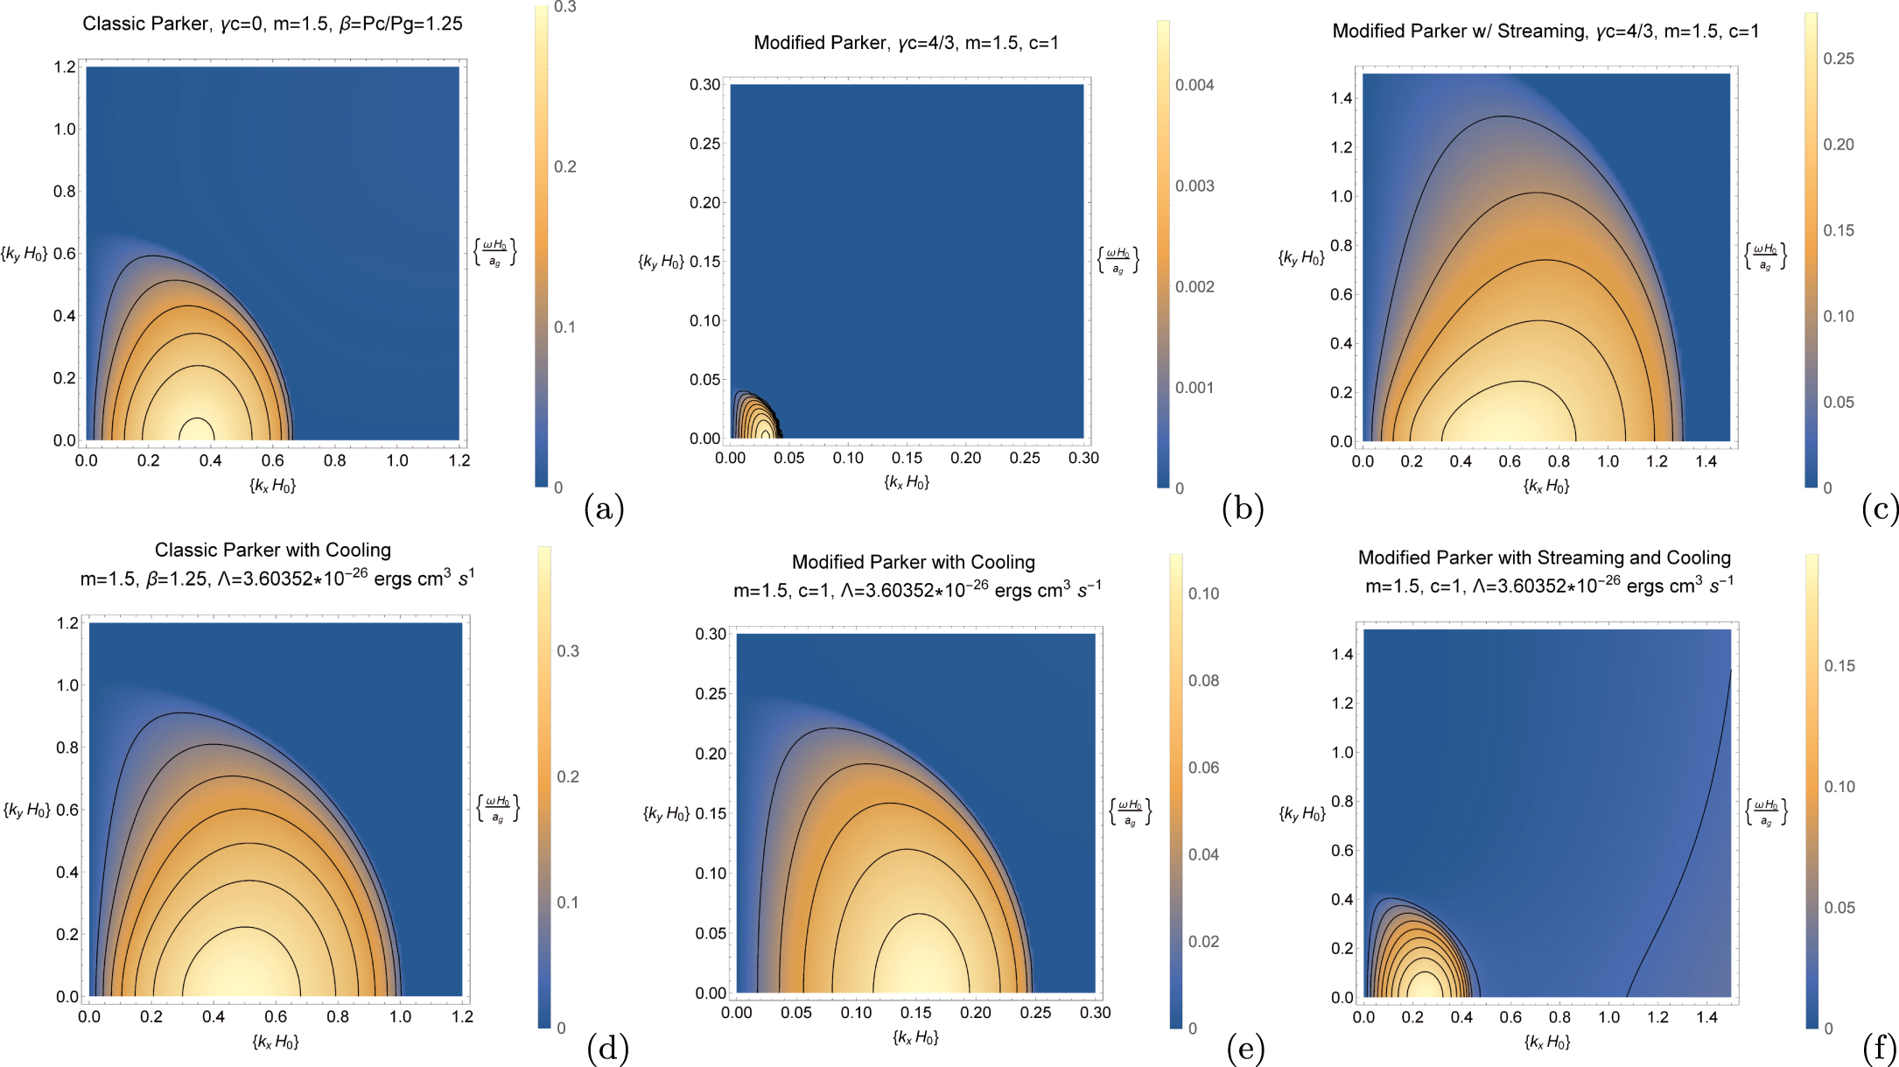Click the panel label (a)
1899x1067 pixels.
pos(603,509)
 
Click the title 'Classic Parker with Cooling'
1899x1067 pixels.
pos(272,550)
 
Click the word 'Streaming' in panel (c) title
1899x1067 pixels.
pos(1540,32)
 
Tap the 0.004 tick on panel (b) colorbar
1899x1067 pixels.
pos(1195,85)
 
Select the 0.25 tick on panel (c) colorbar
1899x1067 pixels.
pos(1838,59)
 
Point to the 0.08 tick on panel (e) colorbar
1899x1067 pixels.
pos(1203,680)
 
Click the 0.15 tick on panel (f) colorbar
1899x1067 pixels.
pos(1839,666)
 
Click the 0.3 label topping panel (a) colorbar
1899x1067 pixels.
pos(565,8)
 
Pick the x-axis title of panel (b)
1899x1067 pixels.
pos(906,482)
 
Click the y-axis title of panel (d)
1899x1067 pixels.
pos(27,810)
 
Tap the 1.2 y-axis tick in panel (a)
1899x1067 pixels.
pos(65,67)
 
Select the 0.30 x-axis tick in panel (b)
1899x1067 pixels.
pos(1083,458)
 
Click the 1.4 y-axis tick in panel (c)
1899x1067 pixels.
pos(1342,98)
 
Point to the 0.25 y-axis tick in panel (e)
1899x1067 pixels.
pos(711,694)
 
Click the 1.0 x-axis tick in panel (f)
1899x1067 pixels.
pos(1608,1017)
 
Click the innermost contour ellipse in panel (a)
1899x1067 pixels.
pos(196,428)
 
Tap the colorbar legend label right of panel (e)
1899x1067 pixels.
pos(1130,811)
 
